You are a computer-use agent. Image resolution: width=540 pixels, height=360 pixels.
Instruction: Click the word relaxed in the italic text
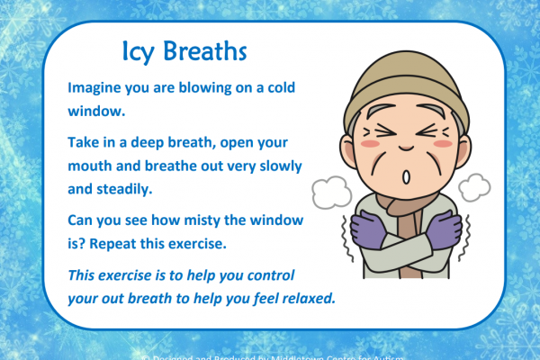pos(304,297)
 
